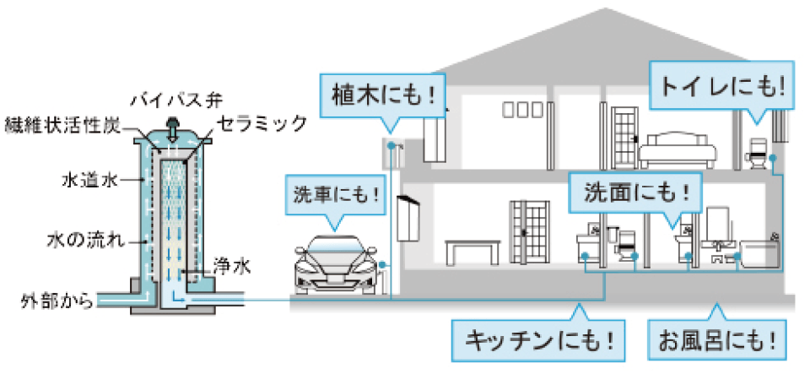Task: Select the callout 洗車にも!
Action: coord(336,196)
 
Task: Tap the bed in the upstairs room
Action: coord(678,149)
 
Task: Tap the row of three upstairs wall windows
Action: coord(523,110)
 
